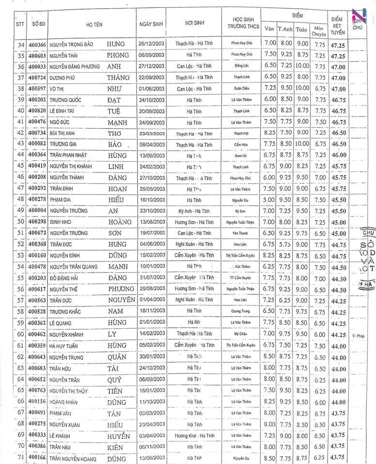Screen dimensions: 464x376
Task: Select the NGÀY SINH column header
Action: click(x=150, y=24)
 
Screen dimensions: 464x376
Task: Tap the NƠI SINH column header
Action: click(x=194, y=23)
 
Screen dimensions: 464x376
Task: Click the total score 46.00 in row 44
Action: click(x=338, y=155)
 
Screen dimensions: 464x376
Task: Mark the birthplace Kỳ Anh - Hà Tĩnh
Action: click(x=194, y=211)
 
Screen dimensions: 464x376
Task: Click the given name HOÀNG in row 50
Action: click(x=120, y=222)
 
